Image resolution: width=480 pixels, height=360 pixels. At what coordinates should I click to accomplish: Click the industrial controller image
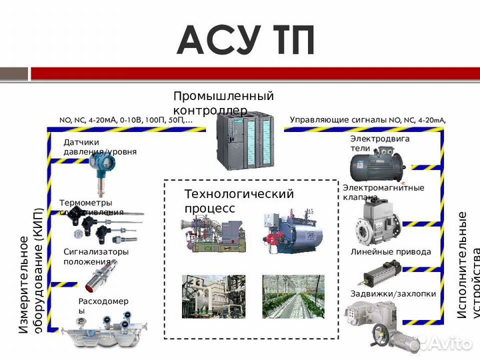244,140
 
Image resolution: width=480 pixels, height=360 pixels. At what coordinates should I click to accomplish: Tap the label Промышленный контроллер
223,103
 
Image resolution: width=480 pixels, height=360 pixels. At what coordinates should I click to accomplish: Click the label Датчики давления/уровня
99,147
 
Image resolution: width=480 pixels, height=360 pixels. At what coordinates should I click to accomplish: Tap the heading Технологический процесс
238,201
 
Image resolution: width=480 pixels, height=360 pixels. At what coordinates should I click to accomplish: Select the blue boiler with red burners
293,233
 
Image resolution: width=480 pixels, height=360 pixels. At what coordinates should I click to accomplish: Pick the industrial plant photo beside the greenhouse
213,296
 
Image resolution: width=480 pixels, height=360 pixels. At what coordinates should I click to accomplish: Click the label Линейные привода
391,252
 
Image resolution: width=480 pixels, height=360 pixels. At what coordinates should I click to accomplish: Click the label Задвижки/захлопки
393,293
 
